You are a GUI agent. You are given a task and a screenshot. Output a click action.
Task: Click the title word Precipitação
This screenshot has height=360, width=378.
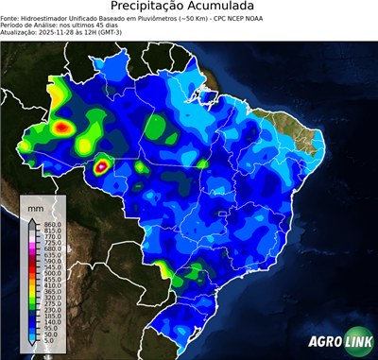coord(152,7)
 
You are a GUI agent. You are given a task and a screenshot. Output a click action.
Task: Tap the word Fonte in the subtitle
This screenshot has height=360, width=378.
coord(9,18)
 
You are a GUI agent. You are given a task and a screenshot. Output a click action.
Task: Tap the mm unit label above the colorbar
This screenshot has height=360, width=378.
coord(36,207)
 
